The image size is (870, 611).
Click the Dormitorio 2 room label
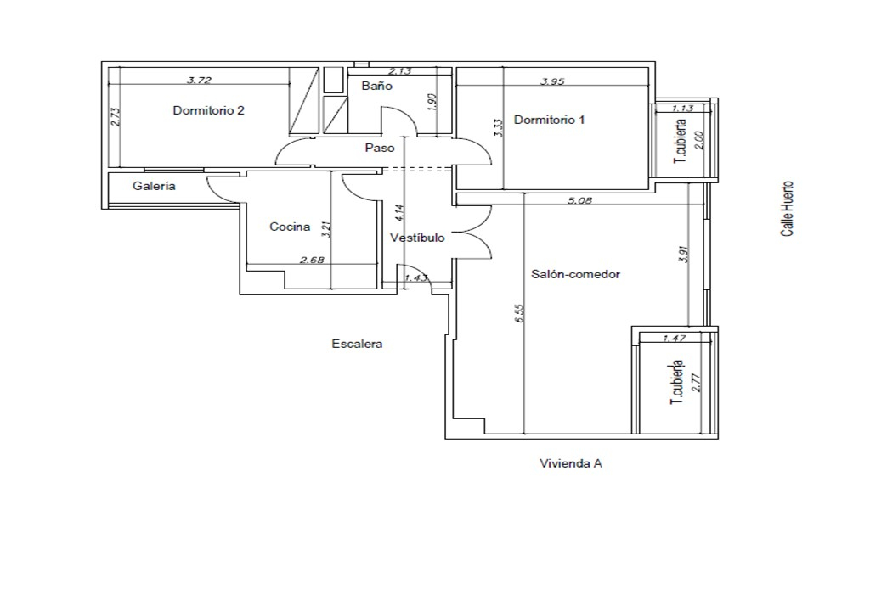[x=209, y=110]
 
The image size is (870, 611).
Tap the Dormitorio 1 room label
[x=550, y=120]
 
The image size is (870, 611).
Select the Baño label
[x=376, y=86]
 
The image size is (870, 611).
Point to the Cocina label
[x=290, y=227]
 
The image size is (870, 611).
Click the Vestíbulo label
[x=417, y=238]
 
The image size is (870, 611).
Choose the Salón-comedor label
[x=575, y=274]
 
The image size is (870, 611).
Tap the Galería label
[x=155, y=187]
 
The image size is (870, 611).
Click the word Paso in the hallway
[x=380, y=148]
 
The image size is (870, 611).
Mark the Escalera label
[x=358, y=344]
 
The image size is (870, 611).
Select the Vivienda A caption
[x=571, y=463]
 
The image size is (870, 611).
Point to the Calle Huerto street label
[x=787, y=209]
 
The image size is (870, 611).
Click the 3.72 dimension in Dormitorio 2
[x=199, y=80]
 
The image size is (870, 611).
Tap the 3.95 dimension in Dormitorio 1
[x=552, y=81]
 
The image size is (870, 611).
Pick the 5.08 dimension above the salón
[x=579, y=201]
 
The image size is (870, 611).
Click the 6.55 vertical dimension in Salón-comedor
[x=519, y=314]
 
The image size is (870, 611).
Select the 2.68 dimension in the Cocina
[x=312, y=260]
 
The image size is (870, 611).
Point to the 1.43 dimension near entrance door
[x=416, y=277]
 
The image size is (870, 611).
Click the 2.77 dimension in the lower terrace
[x=697, y=383]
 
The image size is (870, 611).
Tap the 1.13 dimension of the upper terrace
[x=682, y=109]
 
